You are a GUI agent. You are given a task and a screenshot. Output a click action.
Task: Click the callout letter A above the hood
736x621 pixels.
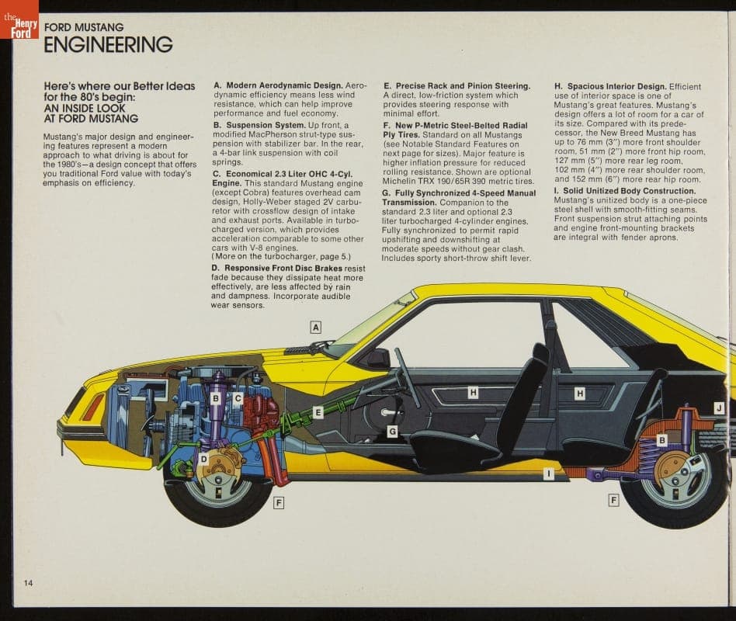tap(316, 327)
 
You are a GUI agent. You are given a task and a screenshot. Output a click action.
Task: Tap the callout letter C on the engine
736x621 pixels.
tap(238, 398)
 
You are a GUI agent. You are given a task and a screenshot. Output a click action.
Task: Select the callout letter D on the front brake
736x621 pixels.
tap(203, 460)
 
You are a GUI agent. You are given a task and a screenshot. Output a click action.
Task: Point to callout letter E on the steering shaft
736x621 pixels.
tap(318, 412)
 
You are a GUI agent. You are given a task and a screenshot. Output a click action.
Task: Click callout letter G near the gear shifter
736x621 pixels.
tap(392, 431)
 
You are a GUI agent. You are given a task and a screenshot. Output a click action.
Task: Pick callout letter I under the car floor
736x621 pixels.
tap(548, 474)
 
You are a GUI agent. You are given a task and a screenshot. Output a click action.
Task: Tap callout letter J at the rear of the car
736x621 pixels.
tap(719, 408)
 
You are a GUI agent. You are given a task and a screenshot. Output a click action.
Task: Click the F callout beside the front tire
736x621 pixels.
tap(279, 502)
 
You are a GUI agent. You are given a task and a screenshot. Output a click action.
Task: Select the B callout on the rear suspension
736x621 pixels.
tap(661, 440)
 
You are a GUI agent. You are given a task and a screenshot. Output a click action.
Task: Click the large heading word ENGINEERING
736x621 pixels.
tap(108, 45)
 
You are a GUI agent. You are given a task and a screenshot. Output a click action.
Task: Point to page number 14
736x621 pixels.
tap(28, 582)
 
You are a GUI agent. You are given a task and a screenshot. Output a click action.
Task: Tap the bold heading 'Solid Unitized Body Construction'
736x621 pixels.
tap(625, 191)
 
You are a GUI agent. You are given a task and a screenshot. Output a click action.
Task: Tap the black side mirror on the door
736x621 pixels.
tap(378, 358)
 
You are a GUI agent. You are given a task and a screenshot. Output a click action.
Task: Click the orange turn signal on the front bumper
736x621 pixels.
tap(93, 406)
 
